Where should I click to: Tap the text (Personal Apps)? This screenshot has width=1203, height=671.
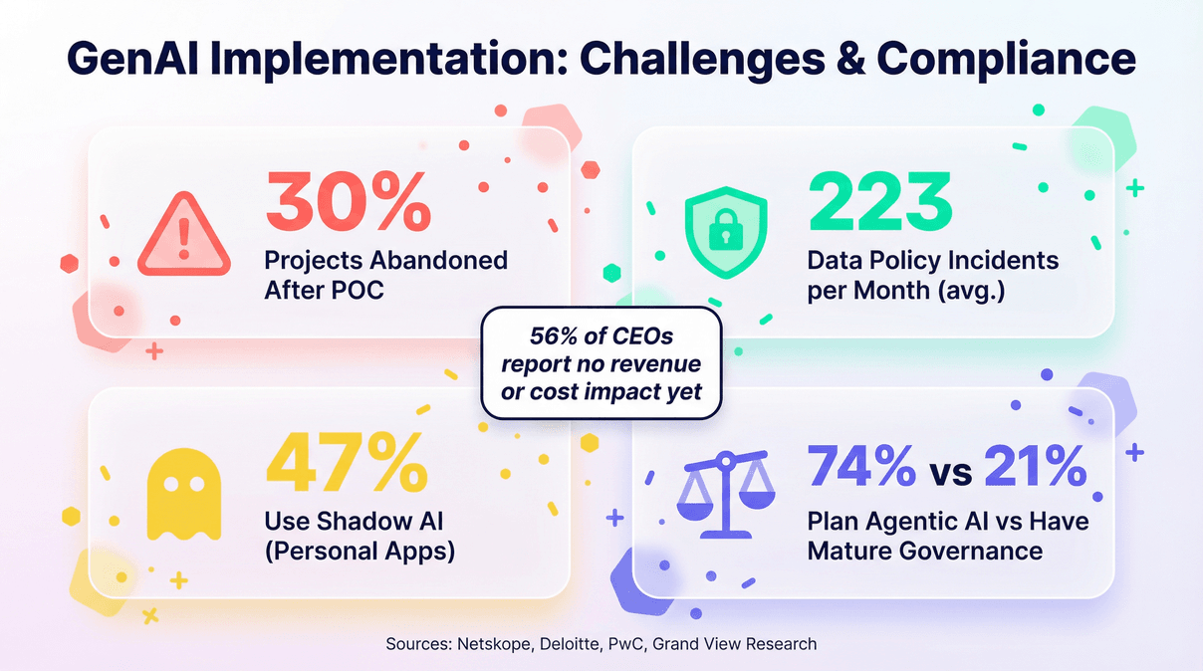pyautogui.click(x=360, y=550)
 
